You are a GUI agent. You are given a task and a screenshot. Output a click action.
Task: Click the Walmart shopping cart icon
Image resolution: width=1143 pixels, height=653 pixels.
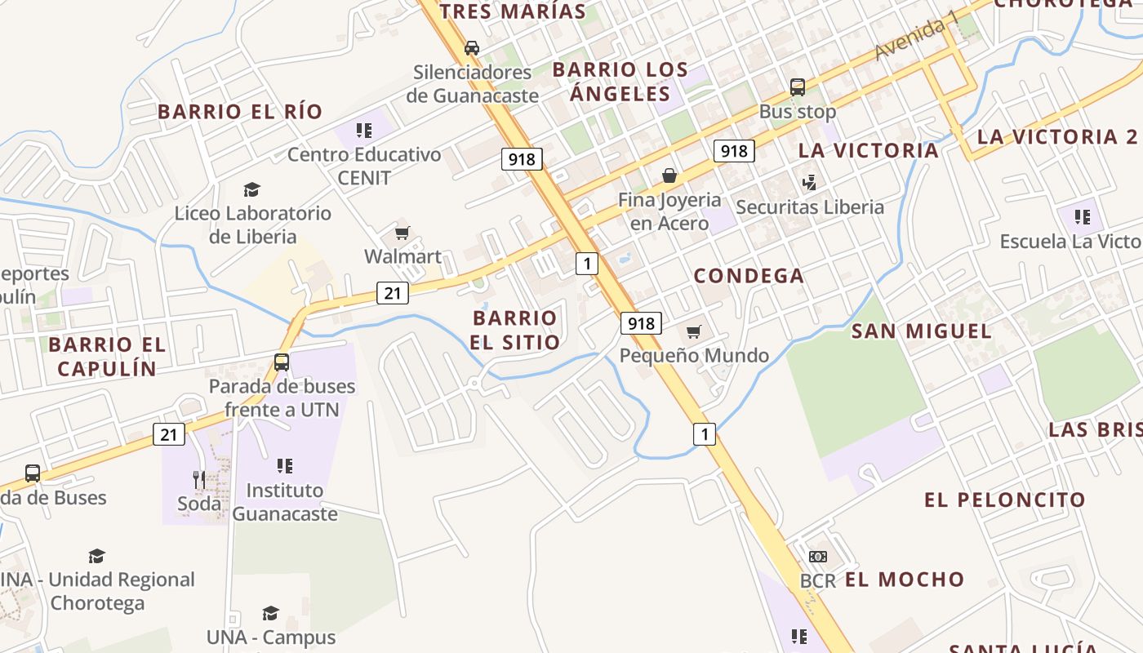402,233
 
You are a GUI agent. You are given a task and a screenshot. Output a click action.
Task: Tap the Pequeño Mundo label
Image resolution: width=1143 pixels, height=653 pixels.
694,356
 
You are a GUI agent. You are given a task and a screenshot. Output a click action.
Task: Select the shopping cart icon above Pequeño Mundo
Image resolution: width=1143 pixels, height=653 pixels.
694,331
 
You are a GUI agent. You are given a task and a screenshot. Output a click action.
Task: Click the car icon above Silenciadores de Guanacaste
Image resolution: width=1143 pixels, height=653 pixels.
472,47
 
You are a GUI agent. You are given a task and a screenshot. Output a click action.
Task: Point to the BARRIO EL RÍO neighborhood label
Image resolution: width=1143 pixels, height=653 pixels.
240,112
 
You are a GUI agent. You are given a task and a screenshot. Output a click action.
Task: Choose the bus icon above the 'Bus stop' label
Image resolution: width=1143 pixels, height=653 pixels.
798,87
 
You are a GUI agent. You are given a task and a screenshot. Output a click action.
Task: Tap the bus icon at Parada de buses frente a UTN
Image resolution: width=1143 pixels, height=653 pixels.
282,362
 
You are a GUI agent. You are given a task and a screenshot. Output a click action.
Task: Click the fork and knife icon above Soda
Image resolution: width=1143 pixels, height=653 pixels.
199,479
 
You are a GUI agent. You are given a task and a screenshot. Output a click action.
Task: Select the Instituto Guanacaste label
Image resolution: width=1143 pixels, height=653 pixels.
285,502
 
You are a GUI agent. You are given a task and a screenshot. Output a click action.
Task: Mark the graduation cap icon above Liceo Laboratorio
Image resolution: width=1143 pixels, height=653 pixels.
252,190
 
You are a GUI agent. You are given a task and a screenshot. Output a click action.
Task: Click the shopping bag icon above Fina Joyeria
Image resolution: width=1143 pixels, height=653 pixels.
669,175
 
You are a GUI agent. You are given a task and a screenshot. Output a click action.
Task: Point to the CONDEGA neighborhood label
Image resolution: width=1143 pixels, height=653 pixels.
749,276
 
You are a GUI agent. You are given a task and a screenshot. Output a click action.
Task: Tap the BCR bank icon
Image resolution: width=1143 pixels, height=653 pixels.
817,557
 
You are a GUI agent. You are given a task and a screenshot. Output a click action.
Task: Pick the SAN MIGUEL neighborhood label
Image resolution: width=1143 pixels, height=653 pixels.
922,331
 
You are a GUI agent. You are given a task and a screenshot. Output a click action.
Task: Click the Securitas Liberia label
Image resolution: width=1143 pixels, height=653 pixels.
810,207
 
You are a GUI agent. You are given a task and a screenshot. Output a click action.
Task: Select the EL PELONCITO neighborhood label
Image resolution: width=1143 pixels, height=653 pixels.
1005,500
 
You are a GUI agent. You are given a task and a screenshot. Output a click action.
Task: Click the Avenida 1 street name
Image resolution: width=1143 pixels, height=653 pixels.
915,39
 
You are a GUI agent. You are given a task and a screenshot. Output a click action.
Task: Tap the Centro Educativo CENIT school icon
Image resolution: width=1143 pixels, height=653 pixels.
364,131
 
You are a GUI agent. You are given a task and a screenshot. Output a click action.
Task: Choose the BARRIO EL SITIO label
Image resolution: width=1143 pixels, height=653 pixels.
515,330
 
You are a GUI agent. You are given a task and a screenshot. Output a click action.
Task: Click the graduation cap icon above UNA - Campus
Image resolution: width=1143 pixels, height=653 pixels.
270,613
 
